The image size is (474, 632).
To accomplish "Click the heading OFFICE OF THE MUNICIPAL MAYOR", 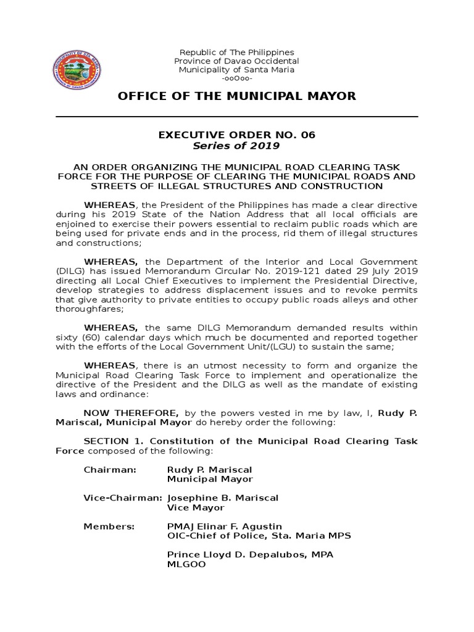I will pyautogui.click(x=236, y=96).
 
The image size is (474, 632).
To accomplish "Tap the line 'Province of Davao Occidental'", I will pyautogui.click(x=236, y=61).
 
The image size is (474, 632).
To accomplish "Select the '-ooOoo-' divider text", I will pyautogui.click(x=236, y=78).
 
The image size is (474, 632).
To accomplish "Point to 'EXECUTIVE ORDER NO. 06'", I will pyautogui.click(x=236, y=135).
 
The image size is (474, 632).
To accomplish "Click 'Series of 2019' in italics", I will pyautogui.click(x=236, y=146).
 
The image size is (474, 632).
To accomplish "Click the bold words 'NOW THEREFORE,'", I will pyautogui.click(x=131, y=412).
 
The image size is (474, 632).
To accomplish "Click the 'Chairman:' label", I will pyautogui.click(x=109, y=470).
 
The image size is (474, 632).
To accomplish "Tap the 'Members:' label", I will pyautogui.click(x=109, y=526).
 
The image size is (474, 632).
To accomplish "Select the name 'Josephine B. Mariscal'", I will pyautogui.click(x=223, y=498).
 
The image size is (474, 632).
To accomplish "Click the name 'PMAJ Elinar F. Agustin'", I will pyautogui.click(x=225, y=526).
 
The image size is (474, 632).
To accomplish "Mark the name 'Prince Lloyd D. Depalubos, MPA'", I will pyautogui.click(x=250, y=555).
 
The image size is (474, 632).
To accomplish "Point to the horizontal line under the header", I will pyautogui.click(x=236, y=116).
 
